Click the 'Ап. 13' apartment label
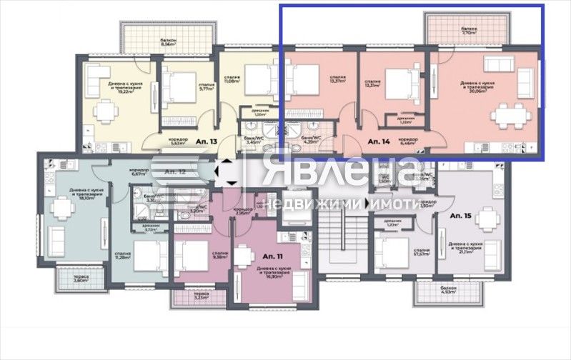[209, 142]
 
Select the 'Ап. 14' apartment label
[379, 142]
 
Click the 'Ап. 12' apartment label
[174, 172]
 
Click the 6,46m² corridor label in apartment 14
[407, 141]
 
